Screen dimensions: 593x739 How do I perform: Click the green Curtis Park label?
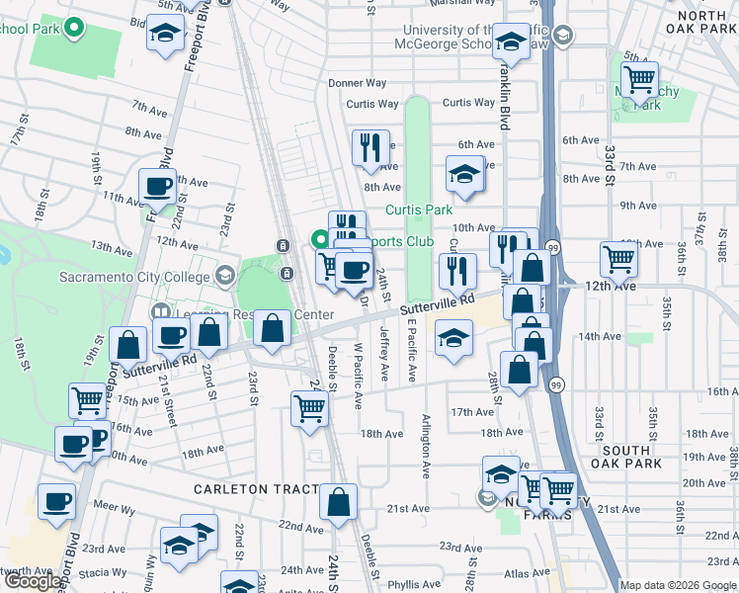tap(418, 210)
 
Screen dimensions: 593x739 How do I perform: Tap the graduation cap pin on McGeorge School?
tap(510, 42)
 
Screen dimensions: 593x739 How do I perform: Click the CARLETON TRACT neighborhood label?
tap(255, 489)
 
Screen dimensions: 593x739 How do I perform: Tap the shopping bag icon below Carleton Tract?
tap(338, 502)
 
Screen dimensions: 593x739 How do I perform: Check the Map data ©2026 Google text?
tap(678, 585)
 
